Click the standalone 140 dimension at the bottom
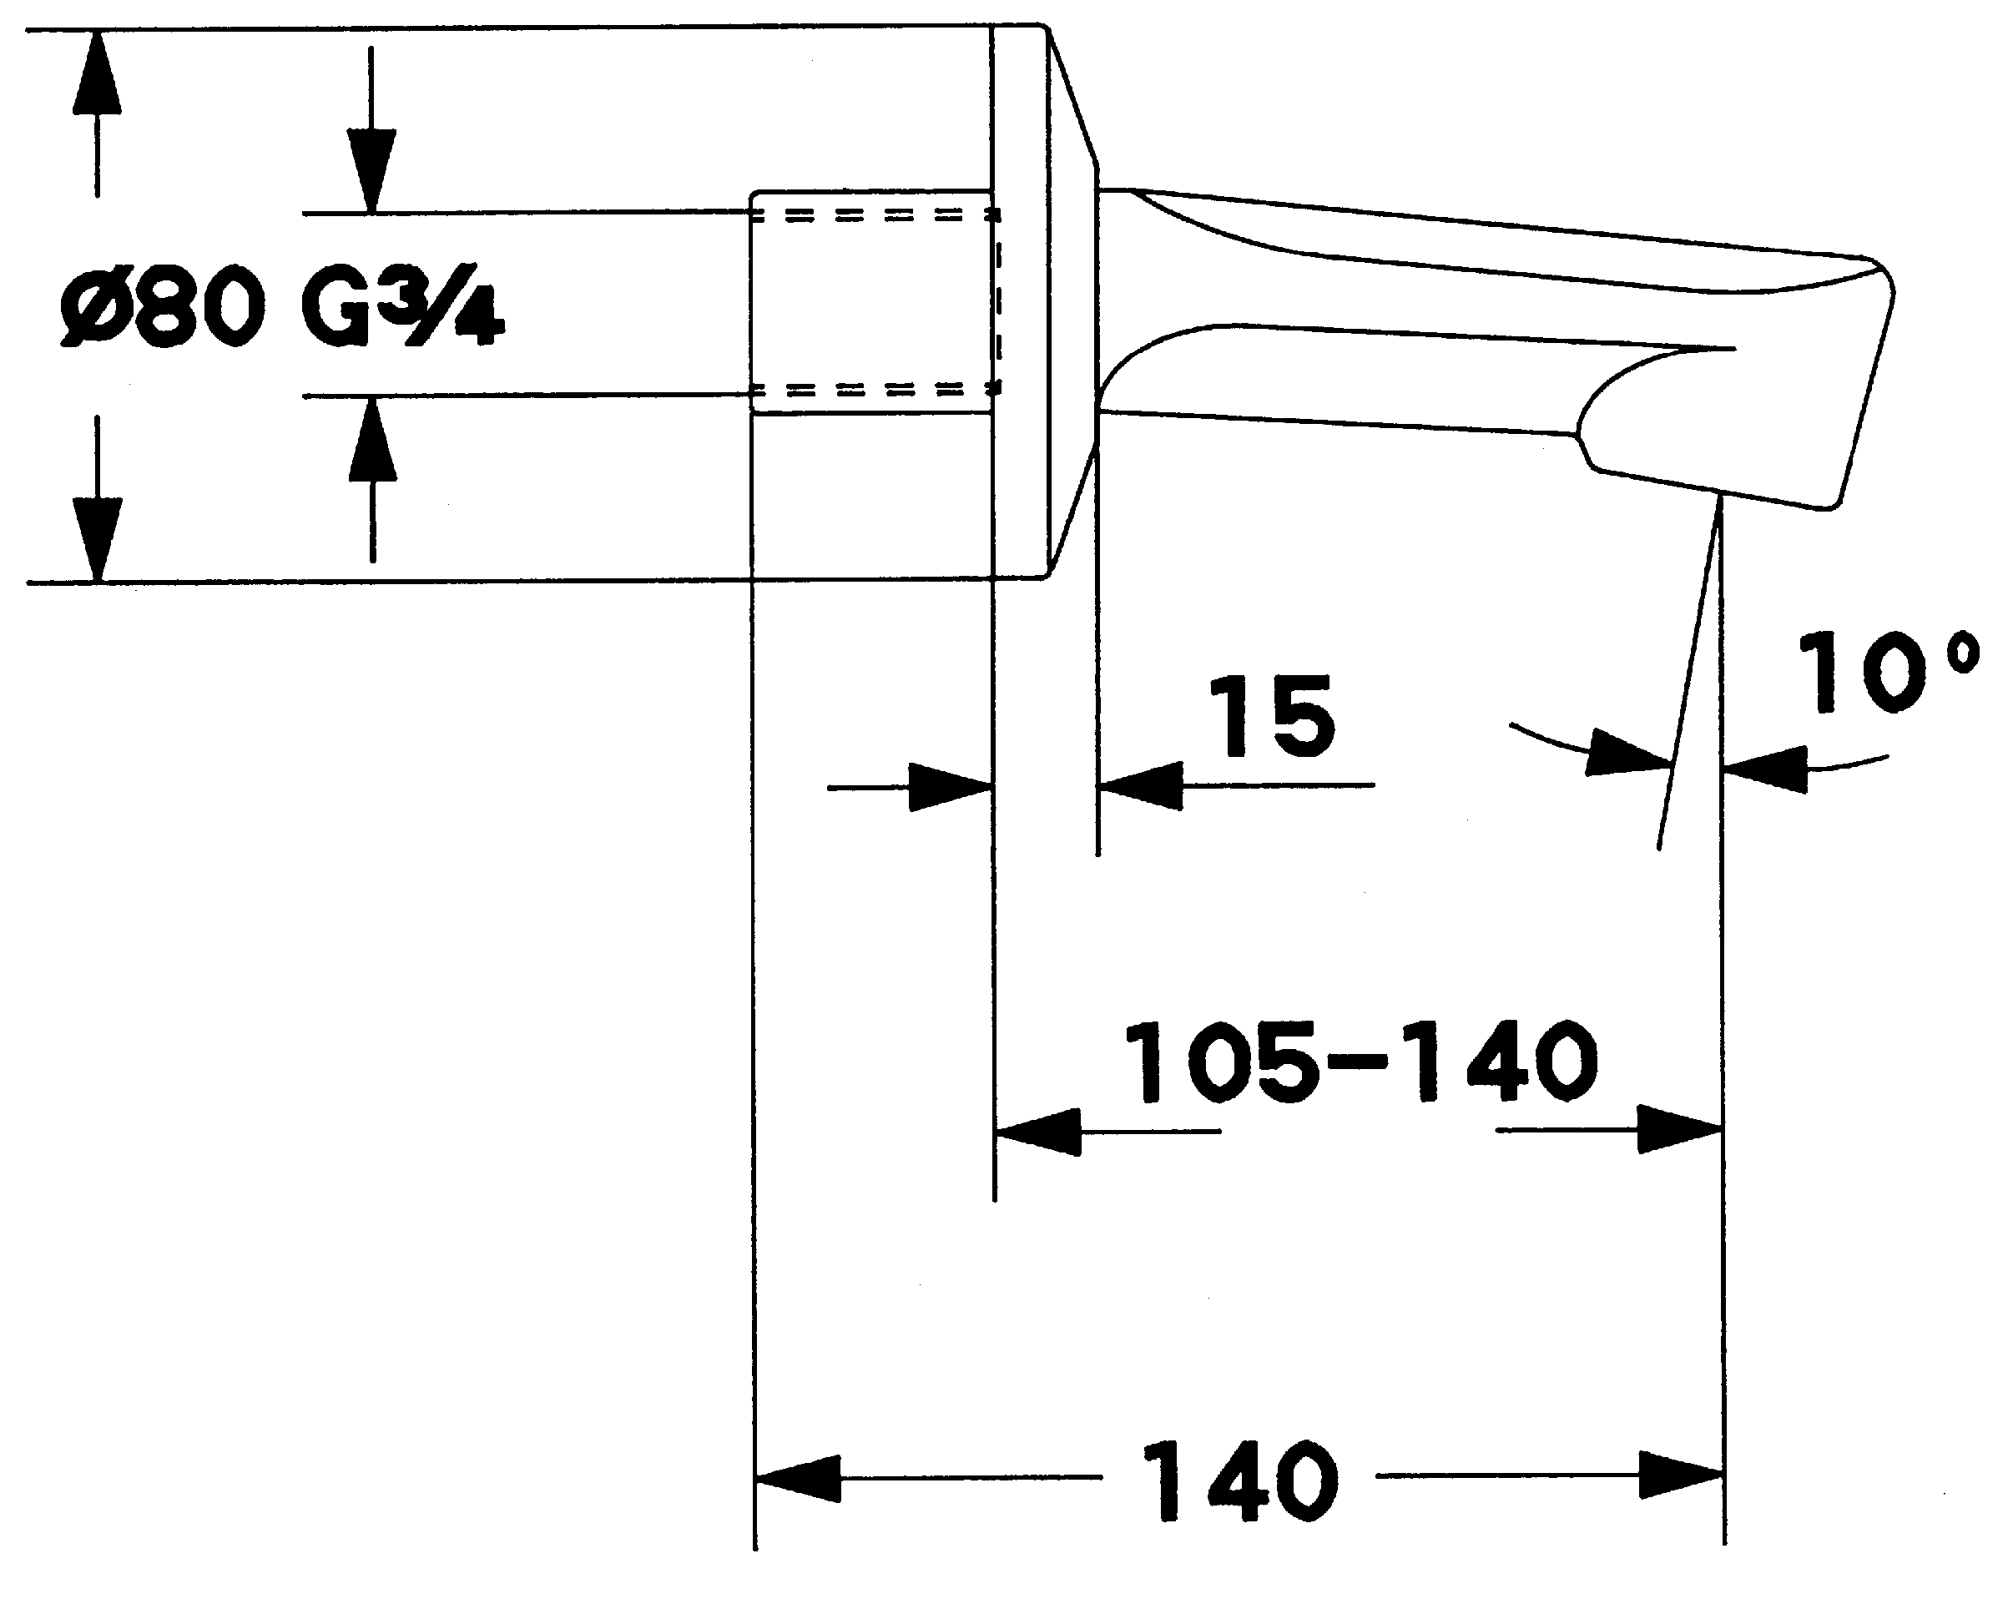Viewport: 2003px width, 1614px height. click(x=1240, y=1481)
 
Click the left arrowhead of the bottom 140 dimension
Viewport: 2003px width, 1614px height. click(x=798, y=1478)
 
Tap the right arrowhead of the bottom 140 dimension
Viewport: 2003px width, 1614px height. click(x=1679, y=1475)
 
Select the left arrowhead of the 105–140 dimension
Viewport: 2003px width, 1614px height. click(x=1037, y=1132)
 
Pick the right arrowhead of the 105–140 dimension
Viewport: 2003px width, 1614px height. click(x=1679, y=1130)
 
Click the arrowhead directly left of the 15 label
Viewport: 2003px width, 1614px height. click(x=1140, y=786)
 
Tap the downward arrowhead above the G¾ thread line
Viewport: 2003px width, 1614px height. click(x=372, y=169)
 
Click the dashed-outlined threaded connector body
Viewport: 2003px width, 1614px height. click(x=872, y=301)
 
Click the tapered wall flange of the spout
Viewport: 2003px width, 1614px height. click(x=1072, y=301)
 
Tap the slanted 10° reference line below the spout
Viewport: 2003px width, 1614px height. click(x=1688, y=678)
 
